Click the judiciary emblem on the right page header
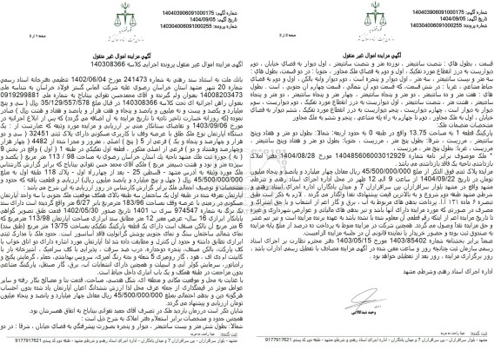pos(451,24)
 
